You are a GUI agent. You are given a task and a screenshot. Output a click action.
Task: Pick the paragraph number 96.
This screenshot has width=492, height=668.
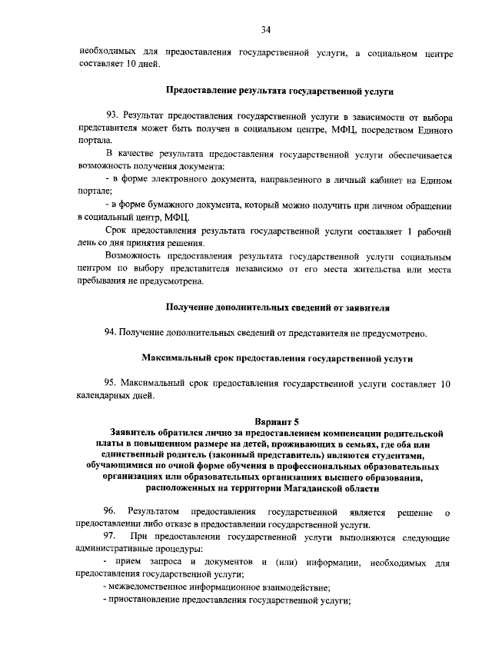(x=110, y=511)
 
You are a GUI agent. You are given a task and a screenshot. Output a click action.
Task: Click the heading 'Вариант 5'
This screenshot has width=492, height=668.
(x=276, y=421)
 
